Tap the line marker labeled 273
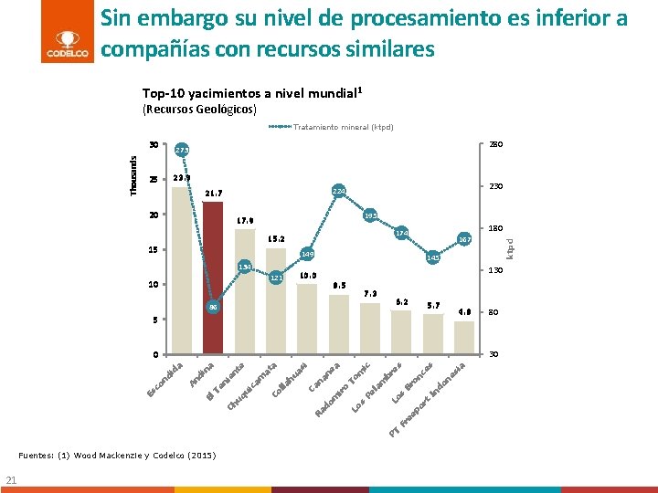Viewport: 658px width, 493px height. [182, 150]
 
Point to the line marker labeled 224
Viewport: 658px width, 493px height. [338, 191]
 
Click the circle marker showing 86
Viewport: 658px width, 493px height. [213, 309]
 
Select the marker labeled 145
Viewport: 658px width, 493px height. [432, 258]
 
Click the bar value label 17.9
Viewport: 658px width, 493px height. [245, 221]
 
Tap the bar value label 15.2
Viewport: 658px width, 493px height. [276, 239]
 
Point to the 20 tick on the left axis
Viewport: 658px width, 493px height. [154, 215]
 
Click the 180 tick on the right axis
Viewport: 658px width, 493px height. [493, 228]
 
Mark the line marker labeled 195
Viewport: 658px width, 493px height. [370, 216]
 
